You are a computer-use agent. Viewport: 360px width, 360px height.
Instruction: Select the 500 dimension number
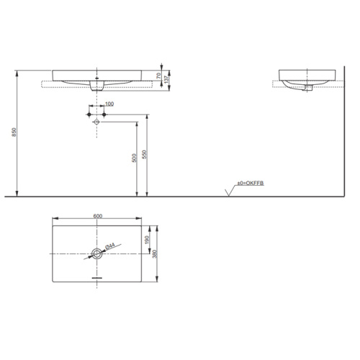(134, 158)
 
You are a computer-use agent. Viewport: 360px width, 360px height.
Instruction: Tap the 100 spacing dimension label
(109, 104)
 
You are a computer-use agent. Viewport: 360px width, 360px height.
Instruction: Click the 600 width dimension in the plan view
(97, 217)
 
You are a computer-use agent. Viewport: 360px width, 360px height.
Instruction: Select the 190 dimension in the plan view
(148, 240)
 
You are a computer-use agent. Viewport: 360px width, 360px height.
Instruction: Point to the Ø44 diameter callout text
(109, 247)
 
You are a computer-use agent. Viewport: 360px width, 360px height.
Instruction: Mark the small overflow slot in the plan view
(97, 277)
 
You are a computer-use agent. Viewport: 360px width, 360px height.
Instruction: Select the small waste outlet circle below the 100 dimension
(97, 122)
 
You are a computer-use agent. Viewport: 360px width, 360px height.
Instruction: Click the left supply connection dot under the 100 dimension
(89, 114)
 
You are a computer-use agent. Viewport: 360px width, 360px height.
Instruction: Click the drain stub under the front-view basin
(97, 87)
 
